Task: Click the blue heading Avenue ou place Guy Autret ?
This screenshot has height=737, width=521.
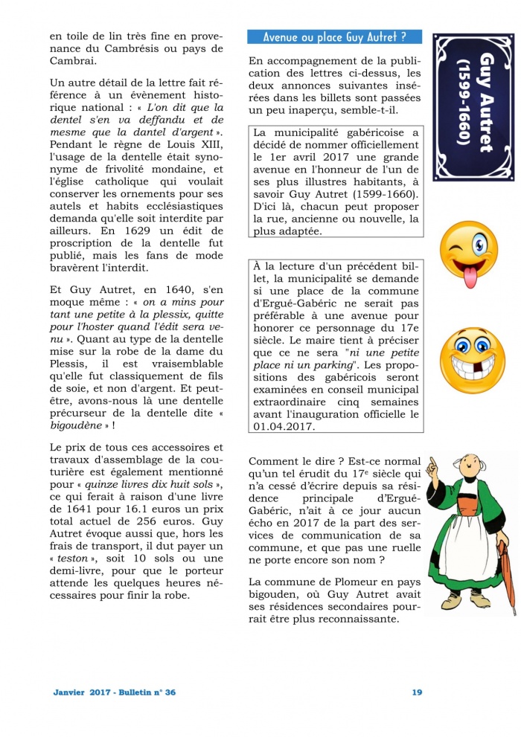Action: coord(334,36)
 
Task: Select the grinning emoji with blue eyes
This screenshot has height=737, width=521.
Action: coord(469,355)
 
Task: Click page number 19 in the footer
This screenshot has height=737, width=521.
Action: coord(417,692)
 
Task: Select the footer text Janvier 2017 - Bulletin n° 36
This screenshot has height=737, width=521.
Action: coord(115,692)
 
